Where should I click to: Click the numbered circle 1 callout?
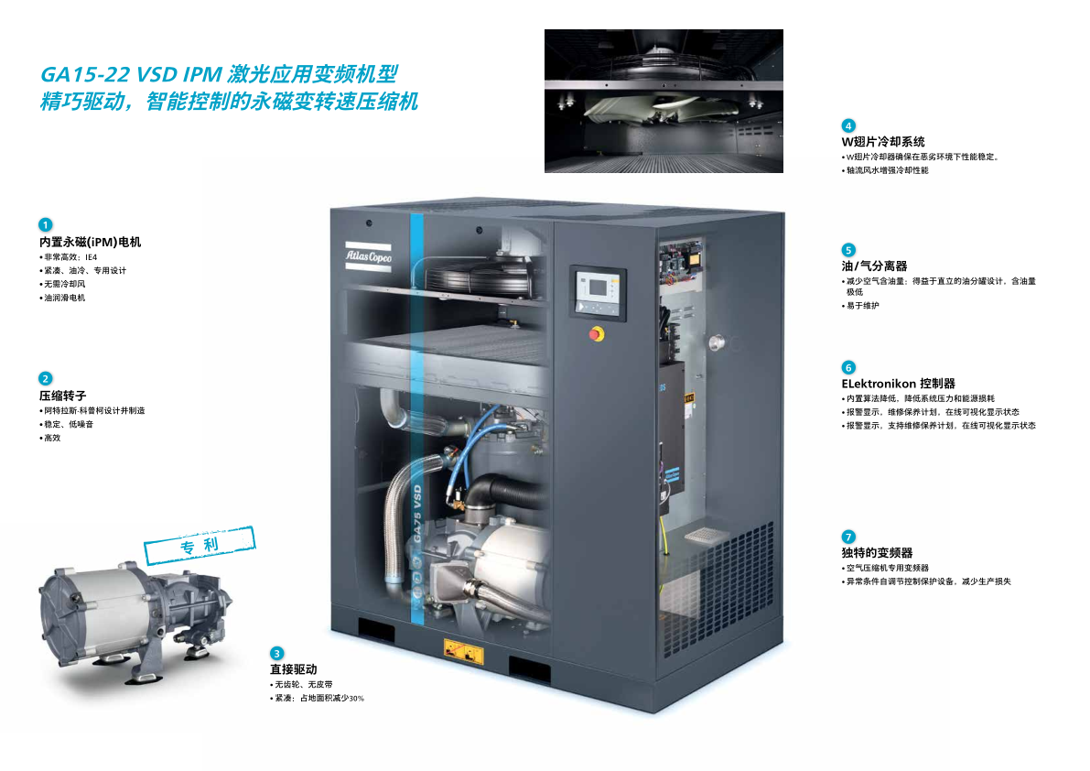(x=45, y=224)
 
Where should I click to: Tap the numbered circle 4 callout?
(x=848, y=125)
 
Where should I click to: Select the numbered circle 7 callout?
(x=848, y=537)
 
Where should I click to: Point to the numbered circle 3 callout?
(x=276, y=654)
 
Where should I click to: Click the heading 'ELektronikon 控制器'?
(x=898, y=384)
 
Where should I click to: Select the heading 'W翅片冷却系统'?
(x=883, y=142)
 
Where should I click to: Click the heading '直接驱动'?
(x=294, y=669)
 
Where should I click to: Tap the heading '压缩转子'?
(x=62, y=396)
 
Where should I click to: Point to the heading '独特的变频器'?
(x=877, y=553)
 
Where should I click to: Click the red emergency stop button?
(x=597, y=334)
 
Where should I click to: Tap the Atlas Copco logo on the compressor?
(x=369, y=256)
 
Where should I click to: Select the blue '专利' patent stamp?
(x=200, y=545)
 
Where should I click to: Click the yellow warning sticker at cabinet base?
(x=464, y=652)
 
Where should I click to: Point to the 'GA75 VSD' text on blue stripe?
(x=417, y=514)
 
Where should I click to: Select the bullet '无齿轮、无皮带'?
(x=301, y=685)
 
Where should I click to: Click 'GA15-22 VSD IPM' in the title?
(x=132, y=74)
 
